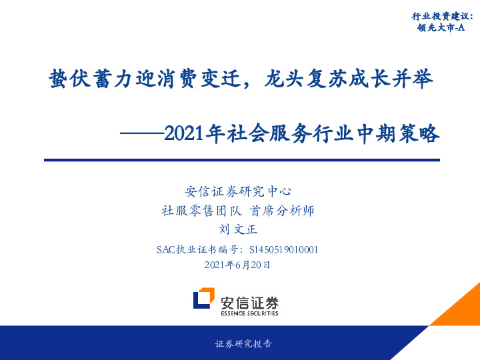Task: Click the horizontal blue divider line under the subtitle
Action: (241, 160)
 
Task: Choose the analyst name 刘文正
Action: (238, 230)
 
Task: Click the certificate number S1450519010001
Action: (283, 250)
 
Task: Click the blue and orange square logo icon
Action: (203, 299)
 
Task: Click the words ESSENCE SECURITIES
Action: (249, 313)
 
